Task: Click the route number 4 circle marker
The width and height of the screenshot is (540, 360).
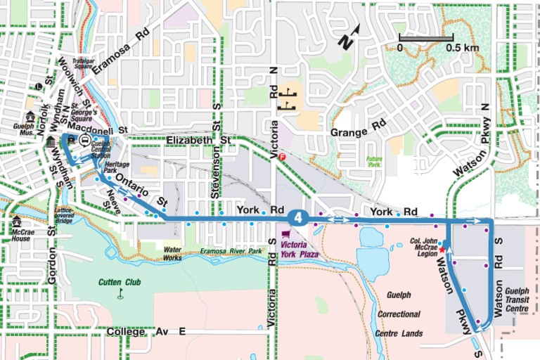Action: (300, 218)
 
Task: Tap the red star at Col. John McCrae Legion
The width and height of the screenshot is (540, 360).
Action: (443, 249)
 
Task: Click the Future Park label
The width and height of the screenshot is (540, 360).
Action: (373, 161)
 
